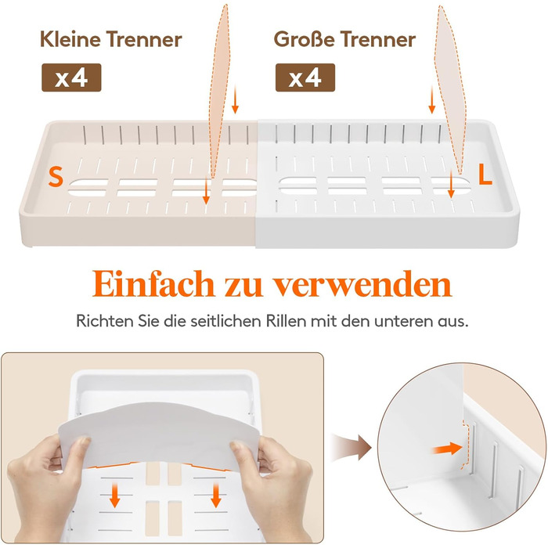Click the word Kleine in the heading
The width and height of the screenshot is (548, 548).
click(70, 39)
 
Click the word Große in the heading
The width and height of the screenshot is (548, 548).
click(304, 39)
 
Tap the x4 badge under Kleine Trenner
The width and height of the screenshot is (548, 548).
click(71, 78)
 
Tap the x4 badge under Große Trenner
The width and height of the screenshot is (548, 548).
click(305, 78)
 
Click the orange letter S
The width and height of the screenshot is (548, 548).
click(56, 176)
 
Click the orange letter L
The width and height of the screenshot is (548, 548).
click(485, 175)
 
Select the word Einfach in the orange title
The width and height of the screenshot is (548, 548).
click(153, 283)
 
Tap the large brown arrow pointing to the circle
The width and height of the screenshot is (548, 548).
click(351, 448)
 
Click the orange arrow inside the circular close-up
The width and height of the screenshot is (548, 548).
click(448, 449)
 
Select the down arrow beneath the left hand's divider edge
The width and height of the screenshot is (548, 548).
click(114, 495)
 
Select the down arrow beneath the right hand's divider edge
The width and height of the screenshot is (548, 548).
click(215, 495)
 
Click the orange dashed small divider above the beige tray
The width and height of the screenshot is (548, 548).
click(219, 91)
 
